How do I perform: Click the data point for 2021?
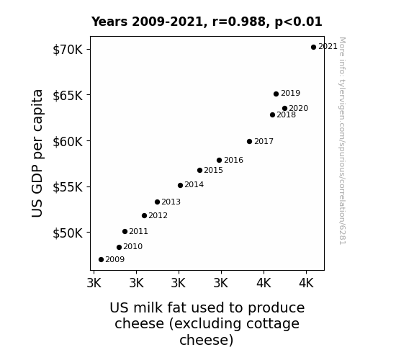[x=313, y=48]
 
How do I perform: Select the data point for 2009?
[x=101, y=260]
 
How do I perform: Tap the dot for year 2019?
[x=276, y=94]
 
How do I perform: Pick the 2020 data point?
[x=284, y=108]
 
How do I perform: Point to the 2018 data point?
[x=272, y=115]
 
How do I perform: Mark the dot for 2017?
[x=250, y=142]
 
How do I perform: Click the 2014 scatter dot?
[x=180, y=186]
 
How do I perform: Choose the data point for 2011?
[x=125, y=232]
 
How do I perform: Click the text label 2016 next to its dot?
[x=234, y=160]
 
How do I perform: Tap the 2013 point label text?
[x=171, y=202]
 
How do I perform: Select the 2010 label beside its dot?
[x=132, y=246]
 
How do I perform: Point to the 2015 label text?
[x=214, y=170]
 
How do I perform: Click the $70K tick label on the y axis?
[x=68, y=50]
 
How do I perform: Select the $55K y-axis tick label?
[x=68, y=187]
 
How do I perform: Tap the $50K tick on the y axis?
[x=68, y=233]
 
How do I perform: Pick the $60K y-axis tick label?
[x=68, y=142]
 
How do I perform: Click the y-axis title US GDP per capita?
[x=37, y=153]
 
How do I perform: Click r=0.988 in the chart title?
[x=239, y=22]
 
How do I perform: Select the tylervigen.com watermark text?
[x=342, y=141]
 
